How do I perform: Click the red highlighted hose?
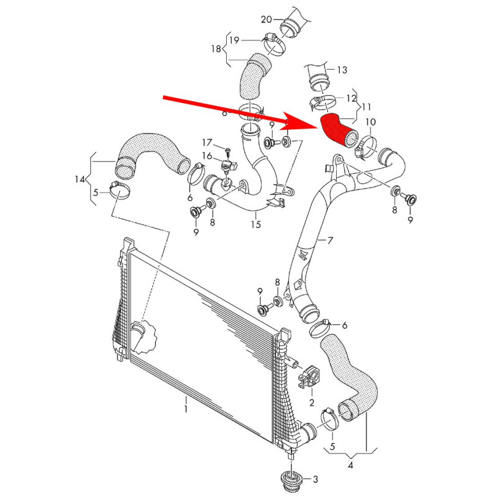tap(337, 127)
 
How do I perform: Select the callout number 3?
tap(315, 479)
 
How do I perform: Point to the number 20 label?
tap(267, 20)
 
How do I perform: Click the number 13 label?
tap(343, 70)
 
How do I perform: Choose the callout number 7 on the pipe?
tap(331, 240)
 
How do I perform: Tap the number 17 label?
tap(207, 142)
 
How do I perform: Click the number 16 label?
tap(207, 155)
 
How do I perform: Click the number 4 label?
tap(351, 465)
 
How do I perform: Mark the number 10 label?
tap(370, 121)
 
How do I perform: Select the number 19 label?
tap(235, 40)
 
